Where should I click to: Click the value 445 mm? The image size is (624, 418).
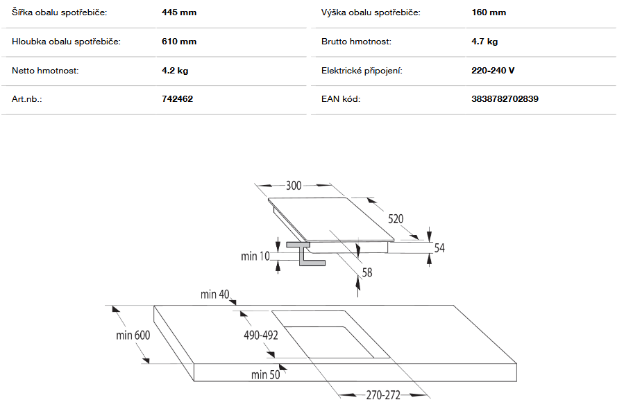click(179, 12)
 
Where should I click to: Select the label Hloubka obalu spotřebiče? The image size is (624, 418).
click(66, 42)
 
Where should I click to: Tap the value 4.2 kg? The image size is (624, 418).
click(175, 70)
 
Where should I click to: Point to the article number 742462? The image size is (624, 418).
click(178, 99)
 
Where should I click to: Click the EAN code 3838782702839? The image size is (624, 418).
click(505, 99)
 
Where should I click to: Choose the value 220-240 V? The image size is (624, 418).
click(493, 70)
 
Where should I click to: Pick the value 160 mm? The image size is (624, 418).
click(489, 12)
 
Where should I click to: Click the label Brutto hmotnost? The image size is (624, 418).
click(356, 42)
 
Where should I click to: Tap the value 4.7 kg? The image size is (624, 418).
click(484, 42)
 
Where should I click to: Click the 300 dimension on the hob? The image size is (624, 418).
click(294, 186)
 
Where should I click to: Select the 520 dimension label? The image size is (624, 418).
click(396, 219)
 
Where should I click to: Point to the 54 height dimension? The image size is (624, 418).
click(439, 248)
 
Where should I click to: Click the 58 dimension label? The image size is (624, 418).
click(367, 272)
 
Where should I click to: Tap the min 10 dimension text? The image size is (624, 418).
click(255, 256)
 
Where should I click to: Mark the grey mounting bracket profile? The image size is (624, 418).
click(305, 253)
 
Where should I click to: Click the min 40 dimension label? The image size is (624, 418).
click(215, 295)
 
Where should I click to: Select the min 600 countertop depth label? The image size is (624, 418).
click(133, 336)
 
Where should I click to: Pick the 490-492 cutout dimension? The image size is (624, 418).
click(261, 336)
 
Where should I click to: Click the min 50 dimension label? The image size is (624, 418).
click(265, 375)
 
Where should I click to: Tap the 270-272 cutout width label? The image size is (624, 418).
click(383, 395)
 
